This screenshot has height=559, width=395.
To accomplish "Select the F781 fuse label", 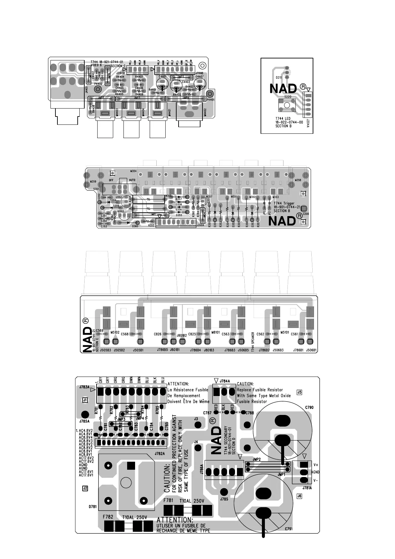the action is click(168, 500).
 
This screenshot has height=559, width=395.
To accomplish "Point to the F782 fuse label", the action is click(108, 517).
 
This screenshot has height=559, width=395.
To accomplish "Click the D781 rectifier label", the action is click(93, 507).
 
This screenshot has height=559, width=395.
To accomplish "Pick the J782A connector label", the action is click(160, 453).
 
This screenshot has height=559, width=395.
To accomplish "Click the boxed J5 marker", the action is click(299, 392).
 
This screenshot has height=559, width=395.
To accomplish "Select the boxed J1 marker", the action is click(85, 400).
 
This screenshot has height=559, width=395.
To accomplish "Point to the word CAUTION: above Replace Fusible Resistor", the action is click(245, 384).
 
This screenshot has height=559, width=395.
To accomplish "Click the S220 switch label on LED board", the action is click(288, 97).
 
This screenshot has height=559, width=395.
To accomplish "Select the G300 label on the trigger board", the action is click(306, 214).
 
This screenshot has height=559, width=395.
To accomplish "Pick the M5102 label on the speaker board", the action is click(115, 332).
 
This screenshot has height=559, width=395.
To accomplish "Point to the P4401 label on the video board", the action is click(210, 100).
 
